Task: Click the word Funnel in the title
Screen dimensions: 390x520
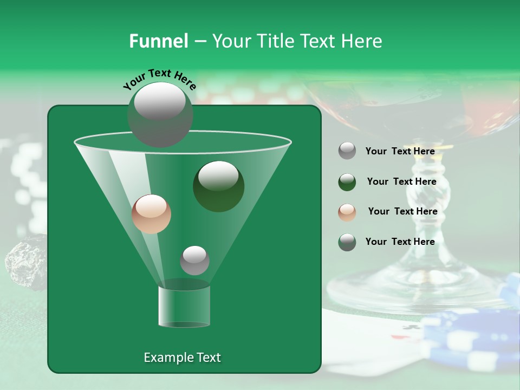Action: click(158, 41)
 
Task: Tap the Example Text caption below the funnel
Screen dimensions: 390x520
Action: click(182, 357)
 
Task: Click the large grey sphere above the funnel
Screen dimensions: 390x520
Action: click(160, 114)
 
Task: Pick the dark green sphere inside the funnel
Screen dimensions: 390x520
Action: click(218, 186)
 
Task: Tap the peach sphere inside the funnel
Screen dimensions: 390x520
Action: click(151, 214)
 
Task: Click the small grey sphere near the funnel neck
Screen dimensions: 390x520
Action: click(194, 260)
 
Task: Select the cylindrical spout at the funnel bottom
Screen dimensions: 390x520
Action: click(184, 306)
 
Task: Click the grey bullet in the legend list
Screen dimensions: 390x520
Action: click(347, 151)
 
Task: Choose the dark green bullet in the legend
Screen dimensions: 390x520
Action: click(347, 182)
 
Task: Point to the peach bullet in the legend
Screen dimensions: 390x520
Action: click(347, 212)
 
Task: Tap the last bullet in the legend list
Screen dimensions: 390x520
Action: click(347, 242)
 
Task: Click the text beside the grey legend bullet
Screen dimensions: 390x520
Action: click(400, 152)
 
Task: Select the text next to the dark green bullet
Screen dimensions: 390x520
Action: click(401, 182)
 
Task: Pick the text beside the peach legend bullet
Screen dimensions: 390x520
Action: click(402, 212)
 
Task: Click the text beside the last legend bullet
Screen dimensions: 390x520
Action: click(400, 242)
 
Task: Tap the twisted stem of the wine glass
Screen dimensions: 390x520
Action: click(417, 195)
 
